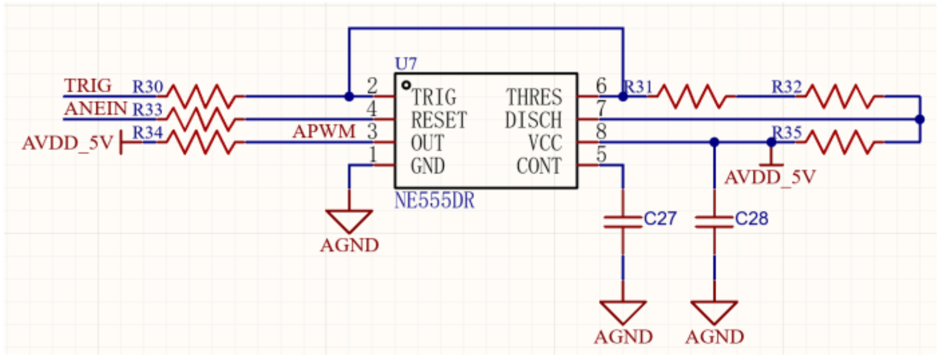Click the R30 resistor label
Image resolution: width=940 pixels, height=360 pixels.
(x=148, y=87)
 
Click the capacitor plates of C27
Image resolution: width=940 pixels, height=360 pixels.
(x=623, y=222)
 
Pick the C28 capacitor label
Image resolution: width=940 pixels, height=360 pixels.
(x=751, y=219)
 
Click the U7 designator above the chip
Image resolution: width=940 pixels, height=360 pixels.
(x=406, y=64)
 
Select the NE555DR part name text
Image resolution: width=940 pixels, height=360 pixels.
(x=435, y=201)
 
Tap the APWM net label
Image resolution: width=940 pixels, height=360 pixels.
(x=324, y=131)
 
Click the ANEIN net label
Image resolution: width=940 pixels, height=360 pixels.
(x=96, y=109)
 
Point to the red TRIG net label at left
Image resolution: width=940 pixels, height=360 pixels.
(x=88, y=86)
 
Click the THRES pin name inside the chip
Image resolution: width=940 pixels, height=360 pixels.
(x=534, y=97)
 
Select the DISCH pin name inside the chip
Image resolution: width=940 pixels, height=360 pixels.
(x=533, y=120)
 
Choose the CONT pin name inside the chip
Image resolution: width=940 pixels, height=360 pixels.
(x=539, y=166)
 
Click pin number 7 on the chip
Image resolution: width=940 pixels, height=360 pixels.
(x=601, y=109)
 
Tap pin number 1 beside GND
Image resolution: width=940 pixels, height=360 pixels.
(x=373, y=155)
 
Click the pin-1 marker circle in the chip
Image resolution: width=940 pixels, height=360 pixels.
(x=406, y=85)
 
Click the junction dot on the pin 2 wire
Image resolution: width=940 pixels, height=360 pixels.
(x=349, y=96)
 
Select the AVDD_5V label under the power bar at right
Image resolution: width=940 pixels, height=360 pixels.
(x=770, y=178)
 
